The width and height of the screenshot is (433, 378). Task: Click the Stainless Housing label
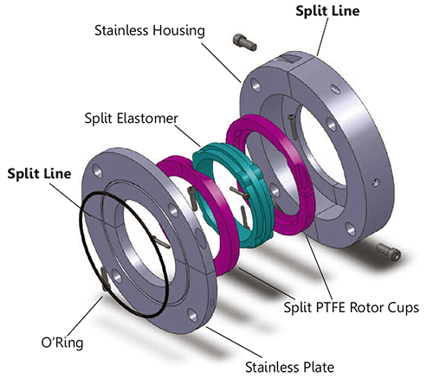150,30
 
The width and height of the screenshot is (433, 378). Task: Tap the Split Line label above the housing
327,11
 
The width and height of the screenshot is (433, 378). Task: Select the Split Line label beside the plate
39,174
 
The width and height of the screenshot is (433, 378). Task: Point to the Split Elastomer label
132,119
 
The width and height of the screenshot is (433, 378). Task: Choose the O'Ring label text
62,343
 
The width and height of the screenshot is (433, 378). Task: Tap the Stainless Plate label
289,368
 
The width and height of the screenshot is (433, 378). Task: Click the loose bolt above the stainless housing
244,42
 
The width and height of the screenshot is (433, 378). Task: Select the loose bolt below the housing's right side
389,251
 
